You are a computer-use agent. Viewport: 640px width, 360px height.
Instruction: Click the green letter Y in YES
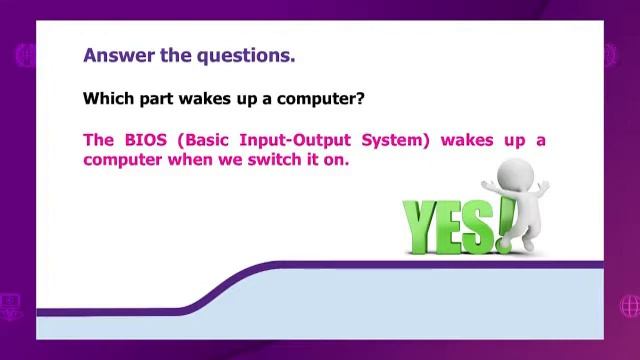(x=420, y=226)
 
